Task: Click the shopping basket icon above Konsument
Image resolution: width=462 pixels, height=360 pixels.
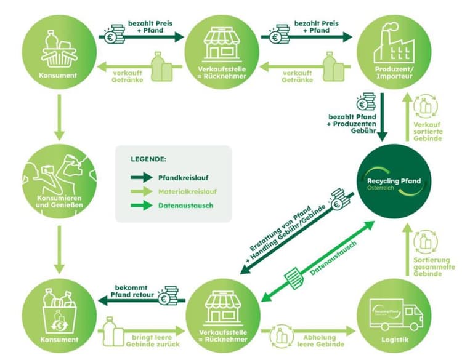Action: click(x=59, y=49)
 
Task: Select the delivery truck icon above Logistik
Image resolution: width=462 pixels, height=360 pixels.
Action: click(x=396, y=315)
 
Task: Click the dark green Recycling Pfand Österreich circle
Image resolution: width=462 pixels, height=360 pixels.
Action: click(x=394, y=182)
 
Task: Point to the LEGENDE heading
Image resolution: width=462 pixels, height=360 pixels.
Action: click(x=148, y=159)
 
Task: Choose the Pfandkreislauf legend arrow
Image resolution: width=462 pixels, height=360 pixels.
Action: click(x=142, y=177)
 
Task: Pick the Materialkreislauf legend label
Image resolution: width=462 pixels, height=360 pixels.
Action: click(x=187, y=192)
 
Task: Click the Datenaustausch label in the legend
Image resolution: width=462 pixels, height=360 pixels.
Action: click(x=185, y=206)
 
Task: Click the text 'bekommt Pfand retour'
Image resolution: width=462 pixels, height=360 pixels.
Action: click(x=132, y=291)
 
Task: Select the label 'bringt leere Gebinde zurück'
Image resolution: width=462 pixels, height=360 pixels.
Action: click(x=153, y=340)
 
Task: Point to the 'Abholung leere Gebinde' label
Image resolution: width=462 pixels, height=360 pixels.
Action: click(x=320, y=340)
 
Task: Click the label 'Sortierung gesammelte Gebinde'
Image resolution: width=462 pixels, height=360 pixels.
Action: click(x=434, y=266)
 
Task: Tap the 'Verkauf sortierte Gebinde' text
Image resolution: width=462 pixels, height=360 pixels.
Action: click(x=428, y=131)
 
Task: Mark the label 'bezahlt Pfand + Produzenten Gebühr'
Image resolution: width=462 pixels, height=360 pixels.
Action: click(x=352, y=124)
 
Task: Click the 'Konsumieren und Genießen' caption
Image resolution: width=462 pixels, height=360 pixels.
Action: click(x=59, y=201)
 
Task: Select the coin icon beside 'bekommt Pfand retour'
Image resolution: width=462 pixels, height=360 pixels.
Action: click(x=169, y=295)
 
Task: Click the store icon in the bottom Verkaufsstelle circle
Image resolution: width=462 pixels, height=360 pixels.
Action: click(x=224, y=308)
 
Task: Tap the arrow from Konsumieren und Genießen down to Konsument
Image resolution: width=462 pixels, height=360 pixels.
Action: click(x=59, y=250)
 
